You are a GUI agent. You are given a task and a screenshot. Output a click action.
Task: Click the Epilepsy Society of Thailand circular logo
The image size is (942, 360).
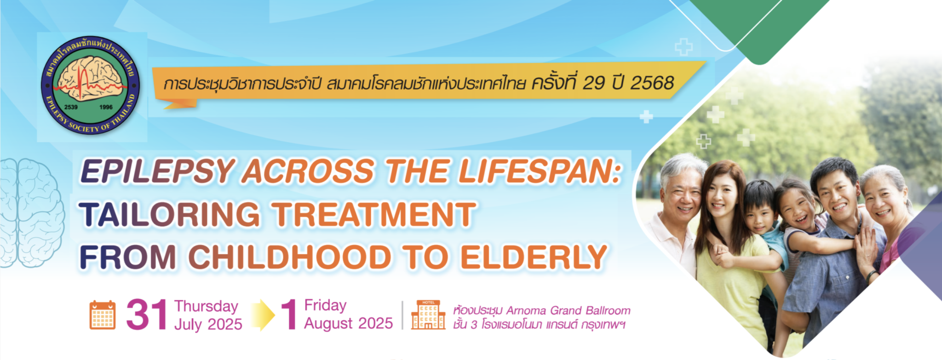[91, 86]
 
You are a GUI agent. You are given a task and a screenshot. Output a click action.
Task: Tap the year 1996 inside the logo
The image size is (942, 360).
[106, 107]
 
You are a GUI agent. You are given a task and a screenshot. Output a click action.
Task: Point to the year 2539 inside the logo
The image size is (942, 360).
[71, 107]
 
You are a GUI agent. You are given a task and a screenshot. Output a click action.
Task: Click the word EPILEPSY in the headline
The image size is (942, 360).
[158, 171]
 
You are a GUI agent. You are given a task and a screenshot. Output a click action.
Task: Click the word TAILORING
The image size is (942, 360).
[170, 215]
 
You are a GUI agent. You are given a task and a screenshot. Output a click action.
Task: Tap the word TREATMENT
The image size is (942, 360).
[373, 215]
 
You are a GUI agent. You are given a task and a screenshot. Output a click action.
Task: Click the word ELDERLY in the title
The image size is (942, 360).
[534, 257]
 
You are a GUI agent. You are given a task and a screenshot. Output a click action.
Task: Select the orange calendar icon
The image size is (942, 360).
[103, 315]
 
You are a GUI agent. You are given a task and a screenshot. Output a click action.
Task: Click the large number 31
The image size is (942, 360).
[147, 315]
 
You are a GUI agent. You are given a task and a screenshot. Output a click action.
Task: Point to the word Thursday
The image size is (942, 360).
[206, 306]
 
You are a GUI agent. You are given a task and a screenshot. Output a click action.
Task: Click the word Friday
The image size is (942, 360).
[325, 305]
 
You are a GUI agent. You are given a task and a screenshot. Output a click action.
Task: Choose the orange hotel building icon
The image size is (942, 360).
[428, 315]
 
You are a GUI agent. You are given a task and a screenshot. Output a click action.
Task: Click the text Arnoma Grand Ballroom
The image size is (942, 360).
[568, 310]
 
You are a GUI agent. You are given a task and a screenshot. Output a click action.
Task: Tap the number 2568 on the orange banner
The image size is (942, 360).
[652, 83]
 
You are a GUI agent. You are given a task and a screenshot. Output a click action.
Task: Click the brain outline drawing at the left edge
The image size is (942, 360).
[31, 212]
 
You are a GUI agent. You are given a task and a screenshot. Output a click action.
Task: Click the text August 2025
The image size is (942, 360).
[348, 323]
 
